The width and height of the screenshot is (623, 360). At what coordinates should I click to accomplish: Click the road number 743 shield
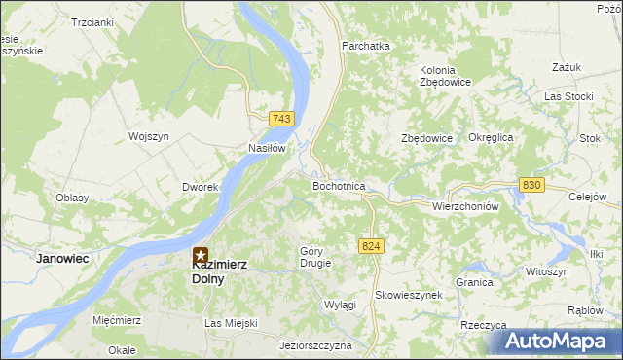pyautogui.click(x=282, y=119)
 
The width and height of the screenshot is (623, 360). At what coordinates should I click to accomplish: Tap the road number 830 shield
pyautogui.click(x=531, y=185)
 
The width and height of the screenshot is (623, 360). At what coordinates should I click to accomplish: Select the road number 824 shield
pyautogui.click(x=370, y=247)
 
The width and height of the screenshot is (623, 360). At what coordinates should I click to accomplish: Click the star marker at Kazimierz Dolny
pyautogui.click(x=202, y=257)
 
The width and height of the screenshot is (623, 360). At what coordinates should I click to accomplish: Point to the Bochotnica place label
pyautogui.click(x=338, y=186)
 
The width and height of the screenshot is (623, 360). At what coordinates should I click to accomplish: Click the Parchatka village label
pyautogui.click(x=365, y=46)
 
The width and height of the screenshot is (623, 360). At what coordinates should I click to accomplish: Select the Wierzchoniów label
pyautogui.click(x=465, y=207)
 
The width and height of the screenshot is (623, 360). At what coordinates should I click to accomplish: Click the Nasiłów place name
pyautogui.click(x=266, y=149)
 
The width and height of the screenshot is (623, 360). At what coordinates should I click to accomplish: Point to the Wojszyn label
pyautogui.click(x=150, y=137)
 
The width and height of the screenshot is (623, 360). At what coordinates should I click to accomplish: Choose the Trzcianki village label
pyautogui.click(x=92, y=21)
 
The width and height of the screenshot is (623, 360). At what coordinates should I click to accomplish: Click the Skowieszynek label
pyautogui.click(x=409, y=294)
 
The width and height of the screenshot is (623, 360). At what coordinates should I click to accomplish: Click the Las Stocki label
pyautogui.click(x=568, y=96)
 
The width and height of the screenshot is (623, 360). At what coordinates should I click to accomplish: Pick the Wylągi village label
pyautogui.click(x=340, y=305)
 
